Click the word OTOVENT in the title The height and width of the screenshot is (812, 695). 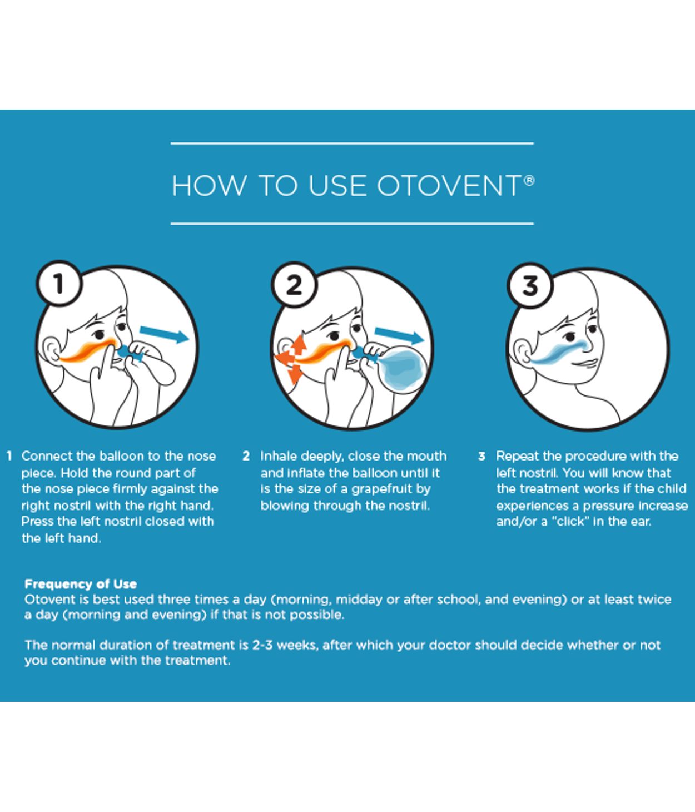pos(448,186)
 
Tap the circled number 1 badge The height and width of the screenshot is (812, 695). pos(59,284)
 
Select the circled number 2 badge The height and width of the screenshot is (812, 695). pos(294,285)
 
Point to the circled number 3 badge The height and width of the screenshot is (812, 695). pos(530,285)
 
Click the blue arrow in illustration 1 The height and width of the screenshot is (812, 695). pos(164,335)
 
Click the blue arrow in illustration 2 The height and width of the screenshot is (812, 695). pos(399,335)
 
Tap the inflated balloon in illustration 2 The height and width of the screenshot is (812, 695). pos(401,370)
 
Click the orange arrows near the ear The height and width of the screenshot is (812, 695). pos(292,358)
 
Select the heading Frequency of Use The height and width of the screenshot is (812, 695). pos(81,584)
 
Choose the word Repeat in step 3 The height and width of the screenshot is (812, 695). pos(517,456)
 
